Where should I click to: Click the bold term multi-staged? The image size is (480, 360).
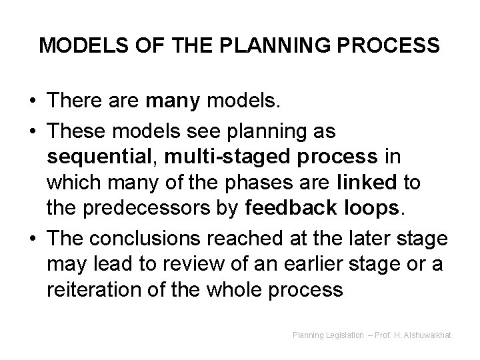point(203,157)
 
